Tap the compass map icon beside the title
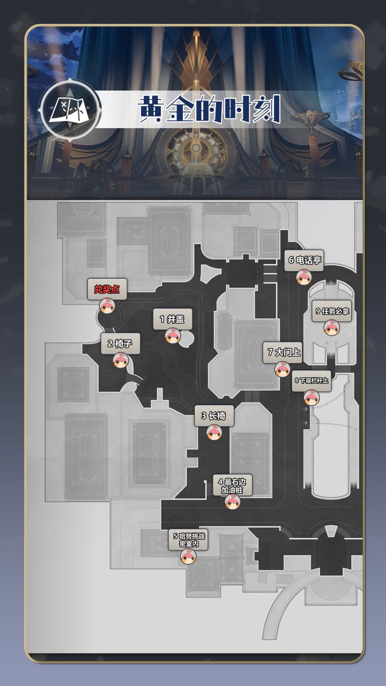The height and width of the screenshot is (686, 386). (69, 111)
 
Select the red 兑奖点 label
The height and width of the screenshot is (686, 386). (107, 290)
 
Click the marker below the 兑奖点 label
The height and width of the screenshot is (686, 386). (107, 307)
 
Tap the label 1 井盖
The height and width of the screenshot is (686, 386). (172, 319)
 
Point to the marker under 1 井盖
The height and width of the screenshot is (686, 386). (172, 336)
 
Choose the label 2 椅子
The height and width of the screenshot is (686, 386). (120, 344)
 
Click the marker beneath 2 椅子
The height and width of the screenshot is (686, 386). (120, 360)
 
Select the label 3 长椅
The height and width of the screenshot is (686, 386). (213, 415)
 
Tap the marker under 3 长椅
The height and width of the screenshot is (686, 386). (213, 432)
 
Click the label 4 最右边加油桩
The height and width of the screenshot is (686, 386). (232, 486)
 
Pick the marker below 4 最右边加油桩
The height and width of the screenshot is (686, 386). (232, 502)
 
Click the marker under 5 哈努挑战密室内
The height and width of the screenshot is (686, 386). (188, 557)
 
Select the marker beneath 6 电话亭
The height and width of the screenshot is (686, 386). (304, 277)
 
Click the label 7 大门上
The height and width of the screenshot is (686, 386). (284, 353)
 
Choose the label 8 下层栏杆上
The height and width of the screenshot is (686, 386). (311, 381)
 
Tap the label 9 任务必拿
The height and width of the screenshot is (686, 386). (332, 311)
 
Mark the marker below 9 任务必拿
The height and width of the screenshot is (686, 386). (331, 327)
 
